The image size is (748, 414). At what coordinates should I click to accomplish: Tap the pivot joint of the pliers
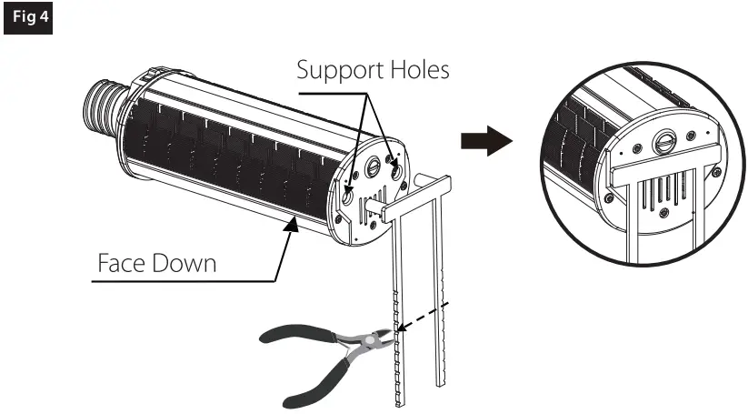354,344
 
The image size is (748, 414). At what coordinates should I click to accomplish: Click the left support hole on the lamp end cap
348,195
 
